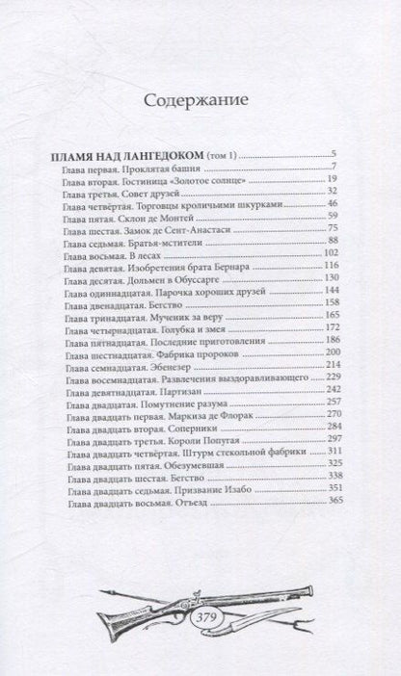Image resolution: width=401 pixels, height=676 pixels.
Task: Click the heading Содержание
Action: (200, 99)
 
